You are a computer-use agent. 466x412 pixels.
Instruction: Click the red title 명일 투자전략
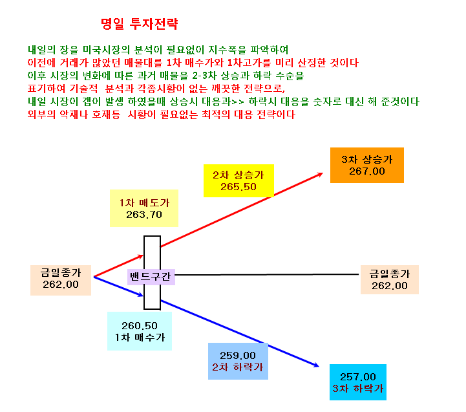pos(140,24)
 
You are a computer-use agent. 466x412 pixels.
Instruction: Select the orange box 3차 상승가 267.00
pos(367,165)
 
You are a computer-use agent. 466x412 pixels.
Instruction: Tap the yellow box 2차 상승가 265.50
pos(238,181)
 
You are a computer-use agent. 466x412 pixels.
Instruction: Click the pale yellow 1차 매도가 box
pos(144,208)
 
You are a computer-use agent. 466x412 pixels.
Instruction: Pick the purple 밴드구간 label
pos(151,277)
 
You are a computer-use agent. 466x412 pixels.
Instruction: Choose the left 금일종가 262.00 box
pos(61,280)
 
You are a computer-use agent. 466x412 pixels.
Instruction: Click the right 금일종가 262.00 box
pos(390,279)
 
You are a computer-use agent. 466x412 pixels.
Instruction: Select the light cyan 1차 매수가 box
pos(140,331)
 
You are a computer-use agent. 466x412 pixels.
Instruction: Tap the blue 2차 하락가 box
pos(238,361)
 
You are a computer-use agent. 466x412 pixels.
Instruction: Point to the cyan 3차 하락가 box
pos(358,382)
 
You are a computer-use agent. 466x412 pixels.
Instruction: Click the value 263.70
pos(144,215)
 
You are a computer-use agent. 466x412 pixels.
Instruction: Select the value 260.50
pos(140,326)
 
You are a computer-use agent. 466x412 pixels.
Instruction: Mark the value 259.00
pos(238,356)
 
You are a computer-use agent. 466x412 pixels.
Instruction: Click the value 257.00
pos(358,377)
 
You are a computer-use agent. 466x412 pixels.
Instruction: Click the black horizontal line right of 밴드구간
pos(267,275)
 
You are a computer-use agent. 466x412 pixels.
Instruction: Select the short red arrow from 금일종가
pos(118,266)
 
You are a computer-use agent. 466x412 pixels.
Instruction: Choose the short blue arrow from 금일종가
pos(118,286)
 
